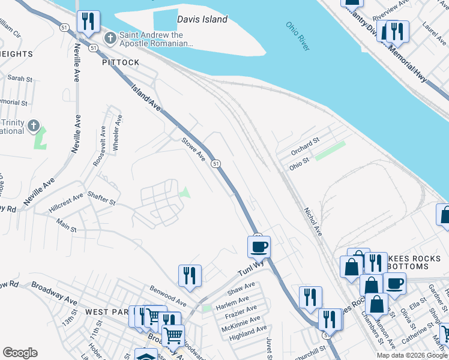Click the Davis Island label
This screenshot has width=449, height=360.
[202, 19]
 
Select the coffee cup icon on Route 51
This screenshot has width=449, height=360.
[259, 247]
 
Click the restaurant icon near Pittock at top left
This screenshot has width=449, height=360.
[89, 22]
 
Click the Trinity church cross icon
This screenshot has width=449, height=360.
[34, 127]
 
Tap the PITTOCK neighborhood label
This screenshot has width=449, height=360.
[121, 62]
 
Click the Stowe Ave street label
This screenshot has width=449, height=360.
[194, 150]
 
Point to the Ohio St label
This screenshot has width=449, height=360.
[299, 162]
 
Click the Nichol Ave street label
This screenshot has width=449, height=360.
[313, 221]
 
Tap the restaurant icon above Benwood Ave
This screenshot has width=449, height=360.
[190, 275]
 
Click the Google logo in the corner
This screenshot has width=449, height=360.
[20, 353]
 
